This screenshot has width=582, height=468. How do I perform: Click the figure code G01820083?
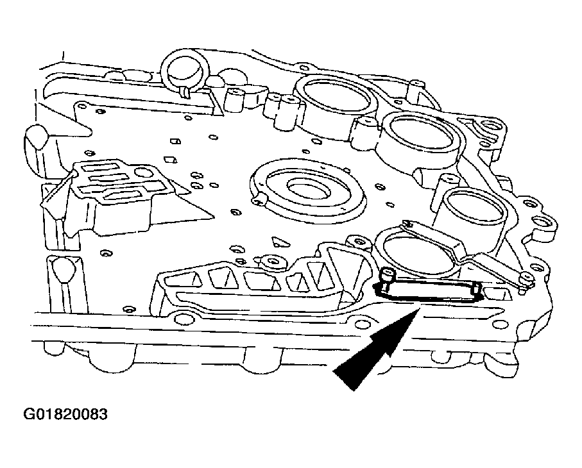point(66,414)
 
